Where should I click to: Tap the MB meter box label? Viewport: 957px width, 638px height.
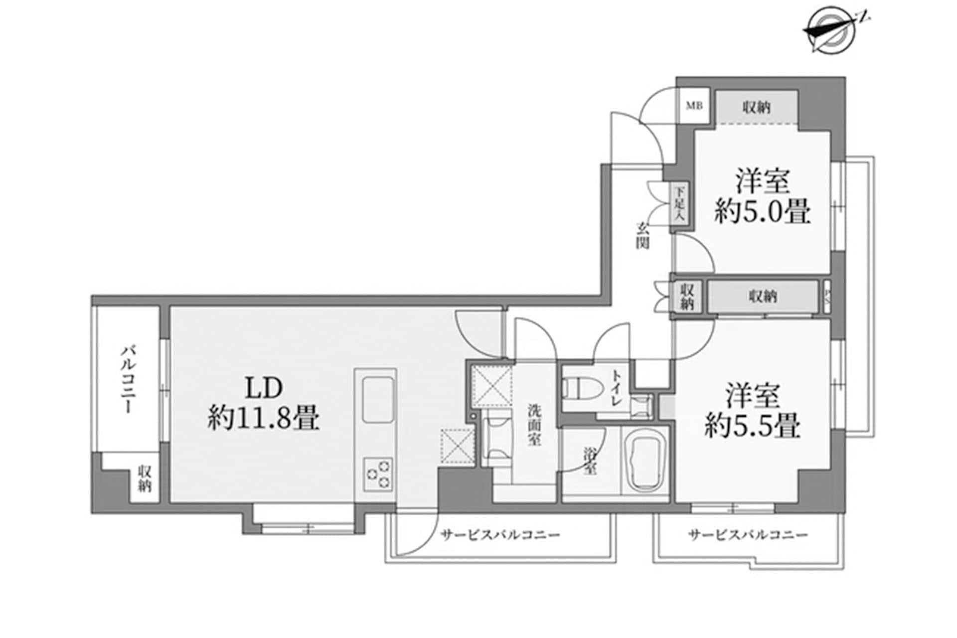[694, 106]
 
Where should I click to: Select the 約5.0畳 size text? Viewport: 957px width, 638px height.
[763, 211]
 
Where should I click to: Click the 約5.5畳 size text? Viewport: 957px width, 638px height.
[753, 425]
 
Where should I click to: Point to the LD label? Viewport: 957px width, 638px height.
[264, 388]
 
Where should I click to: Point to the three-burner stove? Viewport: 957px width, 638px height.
[378, 474]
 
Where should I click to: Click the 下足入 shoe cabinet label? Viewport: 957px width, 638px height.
[679, 204]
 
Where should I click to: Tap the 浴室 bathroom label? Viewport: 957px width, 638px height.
[591, 461]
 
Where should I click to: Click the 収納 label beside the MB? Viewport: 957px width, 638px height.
[757, 107]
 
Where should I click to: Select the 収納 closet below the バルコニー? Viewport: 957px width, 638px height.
[145, 479]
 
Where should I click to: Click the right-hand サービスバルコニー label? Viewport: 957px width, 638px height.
[748, 535]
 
